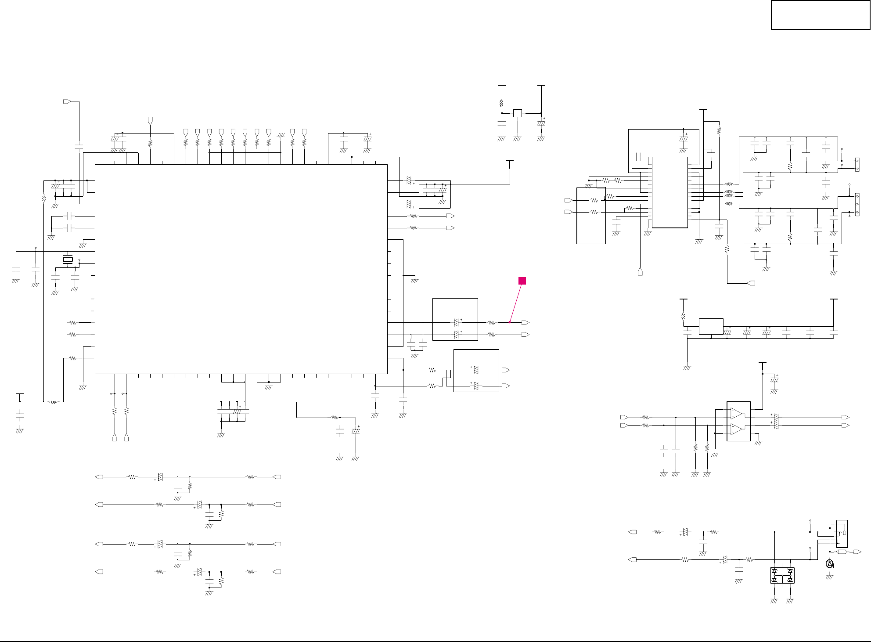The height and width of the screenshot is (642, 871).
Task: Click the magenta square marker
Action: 522,281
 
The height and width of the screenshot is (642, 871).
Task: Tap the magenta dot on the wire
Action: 510,322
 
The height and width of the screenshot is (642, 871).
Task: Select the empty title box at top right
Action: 820,15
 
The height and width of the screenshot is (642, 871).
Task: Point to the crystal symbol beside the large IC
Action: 68,260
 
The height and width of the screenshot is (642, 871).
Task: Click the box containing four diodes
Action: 782,575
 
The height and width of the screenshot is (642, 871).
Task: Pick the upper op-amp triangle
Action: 736,414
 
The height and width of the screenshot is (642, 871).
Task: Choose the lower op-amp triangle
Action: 736,429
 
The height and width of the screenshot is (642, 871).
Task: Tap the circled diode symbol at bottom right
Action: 829,564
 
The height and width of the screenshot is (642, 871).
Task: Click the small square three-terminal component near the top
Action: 518,113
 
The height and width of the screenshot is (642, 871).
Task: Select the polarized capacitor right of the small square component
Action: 541,123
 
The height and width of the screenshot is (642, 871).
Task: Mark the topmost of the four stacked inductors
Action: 729,184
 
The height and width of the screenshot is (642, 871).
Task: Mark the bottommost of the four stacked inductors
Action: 729,204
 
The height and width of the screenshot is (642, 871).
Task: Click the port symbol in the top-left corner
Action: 67,101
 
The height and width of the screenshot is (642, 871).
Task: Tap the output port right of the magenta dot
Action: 525,323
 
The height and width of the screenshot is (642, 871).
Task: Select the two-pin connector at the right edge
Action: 857,164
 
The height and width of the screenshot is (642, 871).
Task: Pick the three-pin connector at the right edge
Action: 857,205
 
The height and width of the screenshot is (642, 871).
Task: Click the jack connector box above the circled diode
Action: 842,533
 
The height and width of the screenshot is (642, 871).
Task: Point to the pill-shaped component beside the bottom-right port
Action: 842,552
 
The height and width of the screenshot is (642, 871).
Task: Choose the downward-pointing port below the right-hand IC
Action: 640,272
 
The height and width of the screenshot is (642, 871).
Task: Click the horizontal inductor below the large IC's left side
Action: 54,402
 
